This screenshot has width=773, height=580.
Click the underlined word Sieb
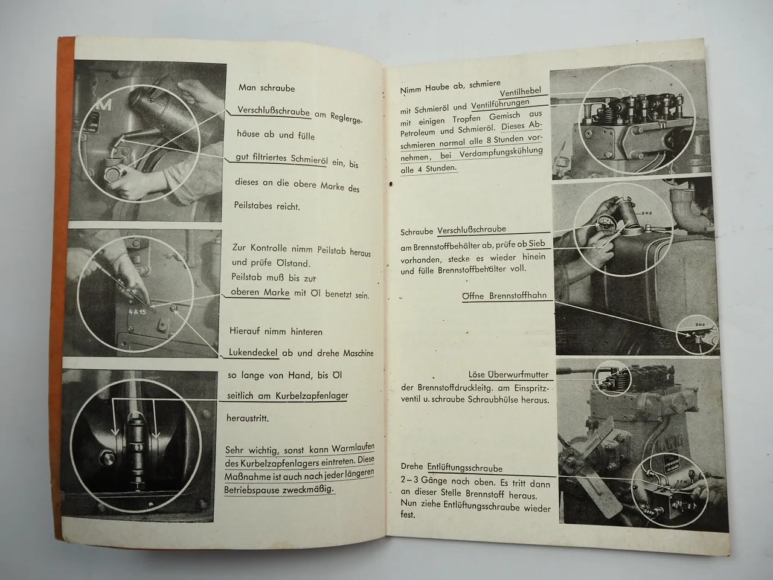coord(537,243)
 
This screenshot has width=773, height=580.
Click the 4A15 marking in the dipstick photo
coord(137,313)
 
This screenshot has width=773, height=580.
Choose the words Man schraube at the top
coord(266,88)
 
